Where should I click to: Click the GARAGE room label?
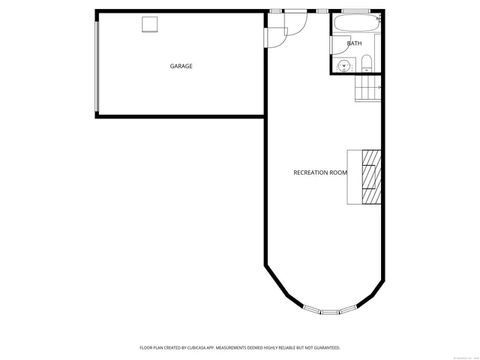pos(181,66)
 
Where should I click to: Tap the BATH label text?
pos(354,43)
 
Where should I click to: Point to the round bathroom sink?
pos(344,64)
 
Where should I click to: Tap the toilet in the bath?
pos(366,64)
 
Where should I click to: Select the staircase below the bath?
pos(368,91)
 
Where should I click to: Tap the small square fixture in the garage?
pos(151,25)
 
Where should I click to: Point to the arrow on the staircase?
pos(379,88)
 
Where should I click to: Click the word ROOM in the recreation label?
pos(339,172)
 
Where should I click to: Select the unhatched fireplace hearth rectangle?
pos(355,177)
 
